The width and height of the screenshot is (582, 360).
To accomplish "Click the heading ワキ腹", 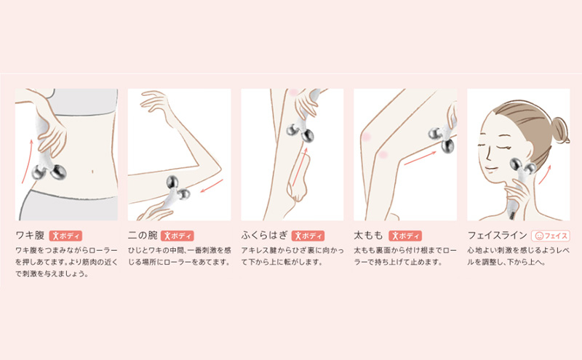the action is (30, 236).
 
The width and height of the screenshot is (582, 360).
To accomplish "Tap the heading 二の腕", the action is (143, 236).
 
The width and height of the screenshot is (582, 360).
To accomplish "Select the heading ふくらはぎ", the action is (264, 236).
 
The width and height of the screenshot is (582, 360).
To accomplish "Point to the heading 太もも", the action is (368, 236).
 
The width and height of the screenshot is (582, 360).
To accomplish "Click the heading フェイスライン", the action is (497, 236).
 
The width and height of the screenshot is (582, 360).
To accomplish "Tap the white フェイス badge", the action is (551, 236).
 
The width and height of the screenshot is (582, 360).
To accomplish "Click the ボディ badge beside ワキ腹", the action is (65, 236).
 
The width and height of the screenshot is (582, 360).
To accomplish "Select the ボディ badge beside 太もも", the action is (405, 236).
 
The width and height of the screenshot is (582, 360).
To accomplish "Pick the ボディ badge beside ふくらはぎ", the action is (308, 236).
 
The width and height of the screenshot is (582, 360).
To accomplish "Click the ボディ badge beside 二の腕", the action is (178, 236).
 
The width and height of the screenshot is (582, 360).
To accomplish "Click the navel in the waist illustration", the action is (92, 172).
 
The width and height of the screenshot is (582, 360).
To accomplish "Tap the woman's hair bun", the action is (559, 129).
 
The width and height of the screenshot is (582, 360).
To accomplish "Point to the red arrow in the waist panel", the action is (26, 161).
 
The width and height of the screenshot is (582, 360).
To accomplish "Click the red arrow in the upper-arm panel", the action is (212, 186).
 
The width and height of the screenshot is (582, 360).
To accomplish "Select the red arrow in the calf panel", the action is (300, 167).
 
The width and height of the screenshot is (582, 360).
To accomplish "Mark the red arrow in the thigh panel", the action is (420, 157).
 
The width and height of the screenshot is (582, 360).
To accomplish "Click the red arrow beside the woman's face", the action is (545, 174).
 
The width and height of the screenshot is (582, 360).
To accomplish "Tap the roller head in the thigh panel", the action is (441, 140).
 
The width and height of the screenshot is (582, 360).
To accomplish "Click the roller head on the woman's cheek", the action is (522, 166).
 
